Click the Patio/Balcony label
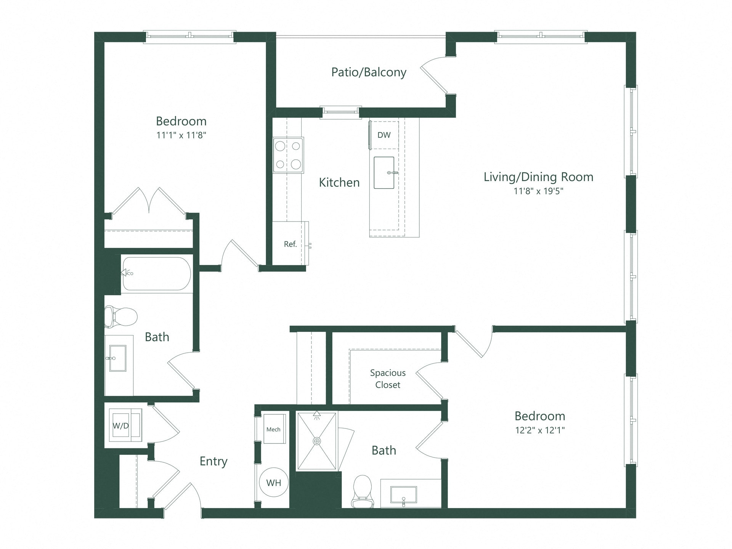[368, 72]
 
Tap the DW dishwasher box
[384, 135]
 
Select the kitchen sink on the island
[384, 173]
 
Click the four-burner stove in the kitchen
[288, 155]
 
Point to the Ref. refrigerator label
[290, 244]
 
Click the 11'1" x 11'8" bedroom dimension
[181, 135]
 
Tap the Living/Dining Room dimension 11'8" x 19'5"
[538, 191]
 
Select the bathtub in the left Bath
[157, 274]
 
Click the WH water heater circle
[273, 483]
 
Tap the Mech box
[274, 429]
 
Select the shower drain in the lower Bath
[317, 441]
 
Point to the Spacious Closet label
[387, 379]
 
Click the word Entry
[213, 461]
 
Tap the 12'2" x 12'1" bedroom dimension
[539, 430]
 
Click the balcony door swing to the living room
[435, 74]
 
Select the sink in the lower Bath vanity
[403, 495]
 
